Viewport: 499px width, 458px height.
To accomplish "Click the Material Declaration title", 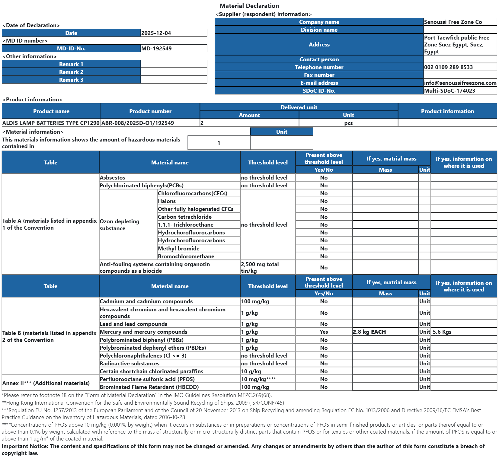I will pyautogui.click(x=249, y=6).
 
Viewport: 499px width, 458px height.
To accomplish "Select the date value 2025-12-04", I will pyautogui.click(x=156, y=33).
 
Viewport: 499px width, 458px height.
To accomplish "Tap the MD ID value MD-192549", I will pyautogui.click(x=156, y=49).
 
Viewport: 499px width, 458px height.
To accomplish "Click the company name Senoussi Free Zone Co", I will pyautogui.click(x=453, y=22).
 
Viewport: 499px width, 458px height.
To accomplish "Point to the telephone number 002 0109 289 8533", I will pyautogui.click(x=448, y=67).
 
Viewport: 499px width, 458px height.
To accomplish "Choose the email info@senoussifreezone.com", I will pyautogui.click(x=460, y=83).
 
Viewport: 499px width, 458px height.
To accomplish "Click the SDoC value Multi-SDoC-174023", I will pyautogui.click(x=449, y=91).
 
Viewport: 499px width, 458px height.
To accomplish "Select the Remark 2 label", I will pyautogui.click(x=71, y=72).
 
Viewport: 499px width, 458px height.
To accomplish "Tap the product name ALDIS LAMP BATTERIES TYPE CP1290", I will pyautogui.click(x=51, y=123).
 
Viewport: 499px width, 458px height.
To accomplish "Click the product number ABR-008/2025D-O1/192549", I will pyautogui.click(x=138, y=123).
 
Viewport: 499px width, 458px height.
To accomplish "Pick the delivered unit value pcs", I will pyautogui.click(x=348, y=123).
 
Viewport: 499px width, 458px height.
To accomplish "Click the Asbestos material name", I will pyautogui.click(x=112, y=178).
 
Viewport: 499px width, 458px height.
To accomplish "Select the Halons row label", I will pyautogui.click(x=167, y=201).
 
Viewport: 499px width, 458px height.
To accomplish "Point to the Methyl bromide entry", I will pyautogui.click(x=178, y=249).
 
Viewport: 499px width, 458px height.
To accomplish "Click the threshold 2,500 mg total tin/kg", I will pyautogui.click(x=260, y=268).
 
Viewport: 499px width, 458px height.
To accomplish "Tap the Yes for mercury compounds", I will pyautogui.click(x=324, y=332).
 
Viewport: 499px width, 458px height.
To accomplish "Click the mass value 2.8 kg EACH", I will pyautogui.click(x=369, y=332).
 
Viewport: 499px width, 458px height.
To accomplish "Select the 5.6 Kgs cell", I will pyautogui.click(x=442, y=332).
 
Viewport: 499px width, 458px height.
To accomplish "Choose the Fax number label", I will pyautogui.click(x=319, y=75).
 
